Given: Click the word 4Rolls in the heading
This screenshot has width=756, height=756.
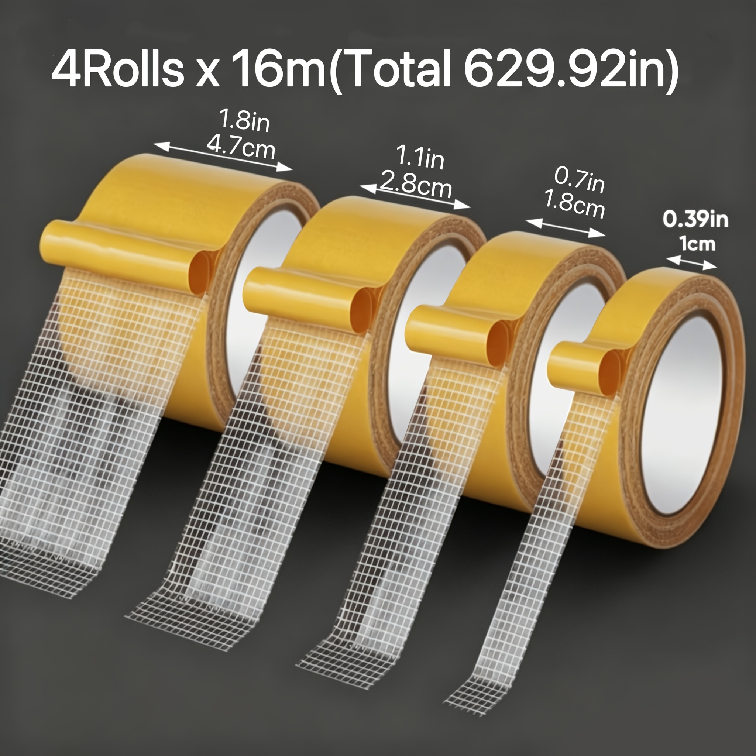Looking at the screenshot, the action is tap(117, 71).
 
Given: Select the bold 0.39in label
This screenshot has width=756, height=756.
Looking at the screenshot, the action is tap(695, 220).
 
